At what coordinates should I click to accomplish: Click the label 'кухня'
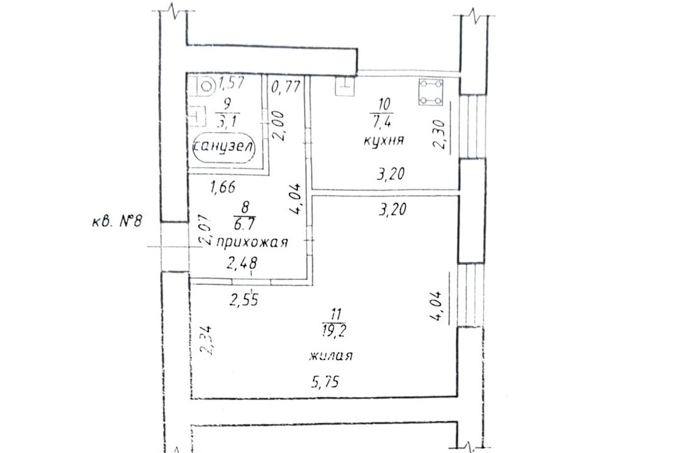click(383, 141)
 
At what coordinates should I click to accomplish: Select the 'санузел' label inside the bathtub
click(224, 146)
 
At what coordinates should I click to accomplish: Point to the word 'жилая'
click(332, 355)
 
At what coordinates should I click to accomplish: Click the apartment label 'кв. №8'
click(117, 220)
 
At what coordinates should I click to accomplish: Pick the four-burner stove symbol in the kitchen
click(431, 92)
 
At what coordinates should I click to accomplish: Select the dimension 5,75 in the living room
click(326, 381)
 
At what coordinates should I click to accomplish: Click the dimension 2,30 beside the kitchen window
click(440, 135)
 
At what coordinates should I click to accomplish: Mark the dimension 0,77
click(286, 86)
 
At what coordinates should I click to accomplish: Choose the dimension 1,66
click(222, 187)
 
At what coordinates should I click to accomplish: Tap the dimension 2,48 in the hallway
click(242, 264)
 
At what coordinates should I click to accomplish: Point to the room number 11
click(336, 315)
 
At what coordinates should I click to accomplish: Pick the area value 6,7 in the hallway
click(244, 225)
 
